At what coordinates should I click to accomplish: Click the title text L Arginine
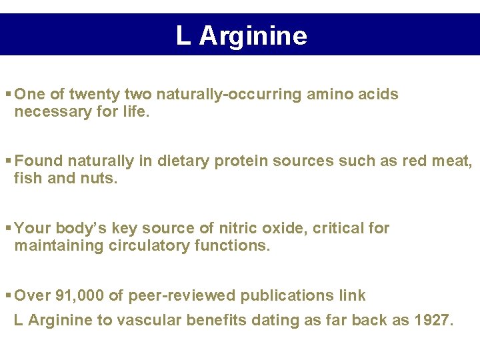tap(241, 35)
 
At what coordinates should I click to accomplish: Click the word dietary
tap(186, 161)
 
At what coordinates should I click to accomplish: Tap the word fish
tap(27, 178)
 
